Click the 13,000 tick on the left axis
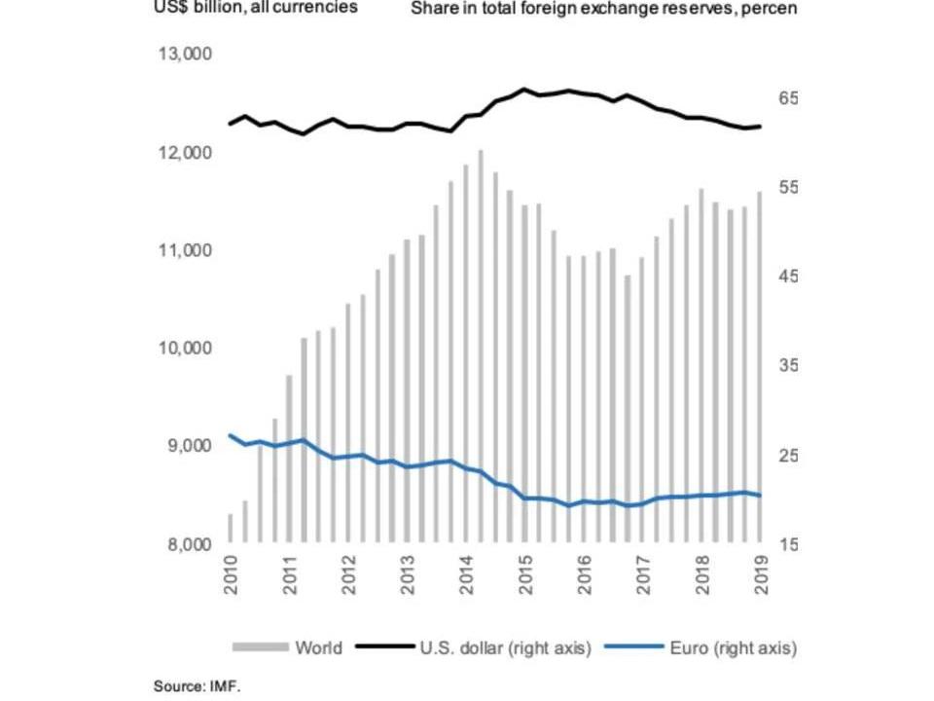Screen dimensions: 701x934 185,55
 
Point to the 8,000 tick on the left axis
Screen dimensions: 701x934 185,544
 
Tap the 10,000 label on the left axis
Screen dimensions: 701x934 185,349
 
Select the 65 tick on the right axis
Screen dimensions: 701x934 787,99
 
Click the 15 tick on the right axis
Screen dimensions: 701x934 787,544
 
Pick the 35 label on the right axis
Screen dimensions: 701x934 787,366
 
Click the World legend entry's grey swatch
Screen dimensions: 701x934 260,647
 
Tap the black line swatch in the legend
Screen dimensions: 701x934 383,647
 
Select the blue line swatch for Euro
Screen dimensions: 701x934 632,647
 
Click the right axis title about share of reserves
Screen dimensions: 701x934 603,9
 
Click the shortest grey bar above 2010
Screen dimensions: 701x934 231,528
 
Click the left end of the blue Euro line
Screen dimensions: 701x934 231,435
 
